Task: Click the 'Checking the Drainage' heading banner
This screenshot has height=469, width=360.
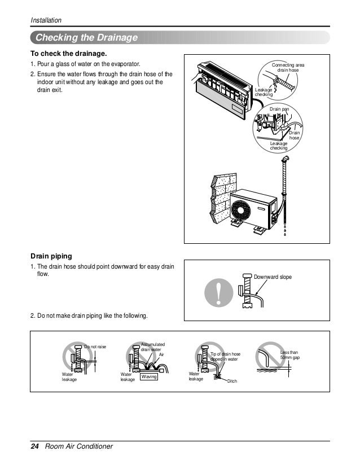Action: pos(87,38)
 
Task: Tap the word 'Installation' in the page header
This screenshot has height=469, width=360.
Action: pos(46,21)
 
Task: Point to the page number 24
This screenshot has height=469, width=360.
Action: pos(34,447)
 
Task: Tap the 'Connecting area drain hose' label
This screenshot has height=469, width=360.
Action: pos(288,68)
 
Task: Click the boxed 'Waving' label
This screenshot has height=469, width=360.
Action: pos(148,376)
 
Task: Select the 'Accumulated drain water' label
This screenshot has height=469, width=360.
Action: pos(151,347)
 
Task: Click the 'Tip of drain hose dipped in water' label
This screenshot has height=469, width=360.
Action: pos(225,356)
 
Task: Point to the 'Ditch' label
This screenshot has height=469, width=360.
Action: pos(232,382)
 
